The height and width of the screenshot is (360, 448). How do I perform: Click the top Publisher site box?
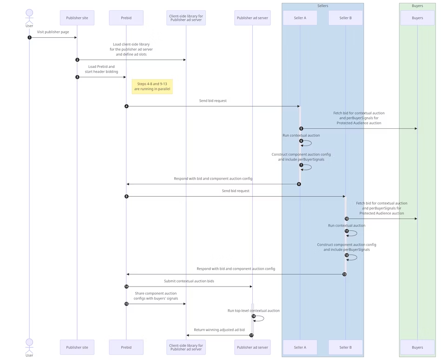tap(77, 18)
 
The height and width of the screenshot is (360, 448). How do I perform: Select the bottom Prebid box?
tap(126, 347)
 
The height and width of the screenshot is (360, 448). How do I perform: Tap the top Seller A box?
tap(300, 18)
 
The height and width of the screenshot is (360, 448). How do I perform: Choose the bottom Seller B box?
tap(345, 347)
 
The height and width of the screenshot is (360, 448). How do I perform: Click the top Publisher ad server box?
tap(252, 18)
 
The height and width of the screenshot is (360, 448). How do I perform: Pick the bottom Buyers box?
tap(417, 347)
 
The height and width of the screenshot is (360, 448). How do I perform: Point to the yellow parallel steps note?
tap(152, 87)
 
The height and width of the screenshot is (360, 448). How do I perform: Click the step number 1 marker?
tap(29, 37)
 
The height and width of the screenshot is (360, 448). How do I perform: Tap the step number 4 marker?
tap(126, 107)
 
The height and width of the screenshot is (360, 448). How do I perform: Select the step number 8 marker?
tap(299, 184)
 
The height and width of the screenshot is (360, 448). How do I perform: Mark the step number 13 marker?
tap(344, 274)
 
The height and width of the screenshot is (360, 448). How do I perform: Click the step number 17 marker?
tap(251, 335)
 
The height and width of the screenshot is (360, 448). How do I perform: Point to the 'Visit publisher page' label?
tap(53, 32)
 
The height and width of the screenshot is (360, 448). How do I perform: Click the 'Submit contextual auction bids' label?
tap(189, 281)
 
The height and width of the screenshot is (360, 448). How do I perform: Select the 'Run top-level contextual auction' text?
tap(253, 310)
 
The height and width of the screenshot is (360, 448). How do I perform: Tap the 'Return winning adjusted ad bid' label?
tap(219, 330)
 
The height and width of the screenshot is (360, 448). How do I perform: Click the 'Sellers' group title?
tap(323, 6)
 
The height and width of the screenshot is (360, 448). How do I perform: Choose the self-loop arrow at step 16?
tap(261, 319)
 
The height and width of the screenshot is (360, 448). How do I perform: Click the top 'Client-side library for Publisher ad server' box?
tap(186, 18)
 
